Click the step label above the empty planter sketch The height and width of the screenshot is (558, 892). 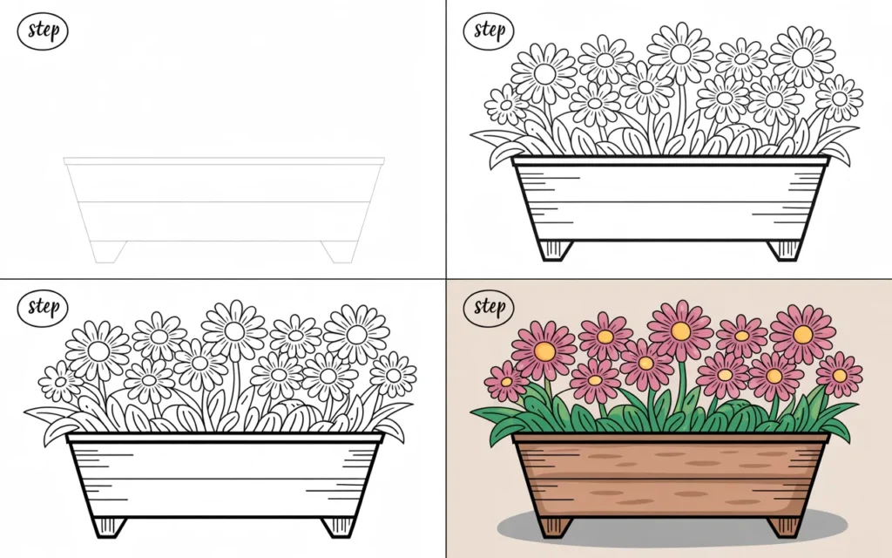43,31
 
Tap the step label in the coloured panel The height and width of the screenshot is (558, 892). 489,307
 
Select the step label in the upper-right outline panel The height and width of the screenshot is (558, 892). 489,31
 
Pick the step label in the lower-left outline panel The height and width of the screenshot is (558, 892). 43,307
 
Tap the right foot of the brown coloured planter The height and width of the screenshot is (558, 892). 784,526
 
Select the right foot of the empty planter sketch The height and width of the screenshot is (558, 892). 338,251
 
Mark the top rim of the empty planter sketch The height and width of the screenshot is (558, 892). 224,161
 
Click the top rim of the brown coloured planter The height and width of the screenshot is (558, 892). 671,437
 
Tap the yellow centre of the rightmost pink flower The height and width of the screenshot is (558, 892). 839,375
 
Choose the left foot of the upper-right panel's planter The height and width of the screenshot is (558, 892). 554,249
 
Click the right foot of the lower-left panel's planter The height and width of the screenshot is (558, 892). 338,526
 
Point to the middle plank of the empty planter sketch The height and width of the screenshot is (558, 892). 224,221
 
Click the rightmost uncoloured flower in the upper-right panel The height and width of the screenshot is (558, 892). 839,98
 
